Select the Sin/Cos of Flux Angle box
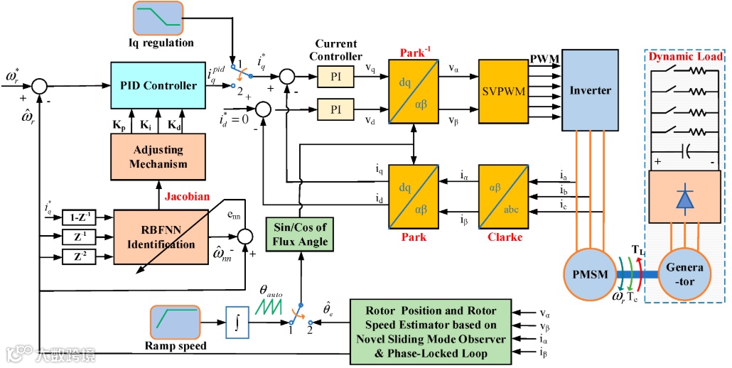[300, 235]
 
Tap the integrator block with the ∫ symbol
[238, 322]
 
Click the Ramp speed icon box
[175, 322]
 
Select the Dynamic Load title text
[686, 56]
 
